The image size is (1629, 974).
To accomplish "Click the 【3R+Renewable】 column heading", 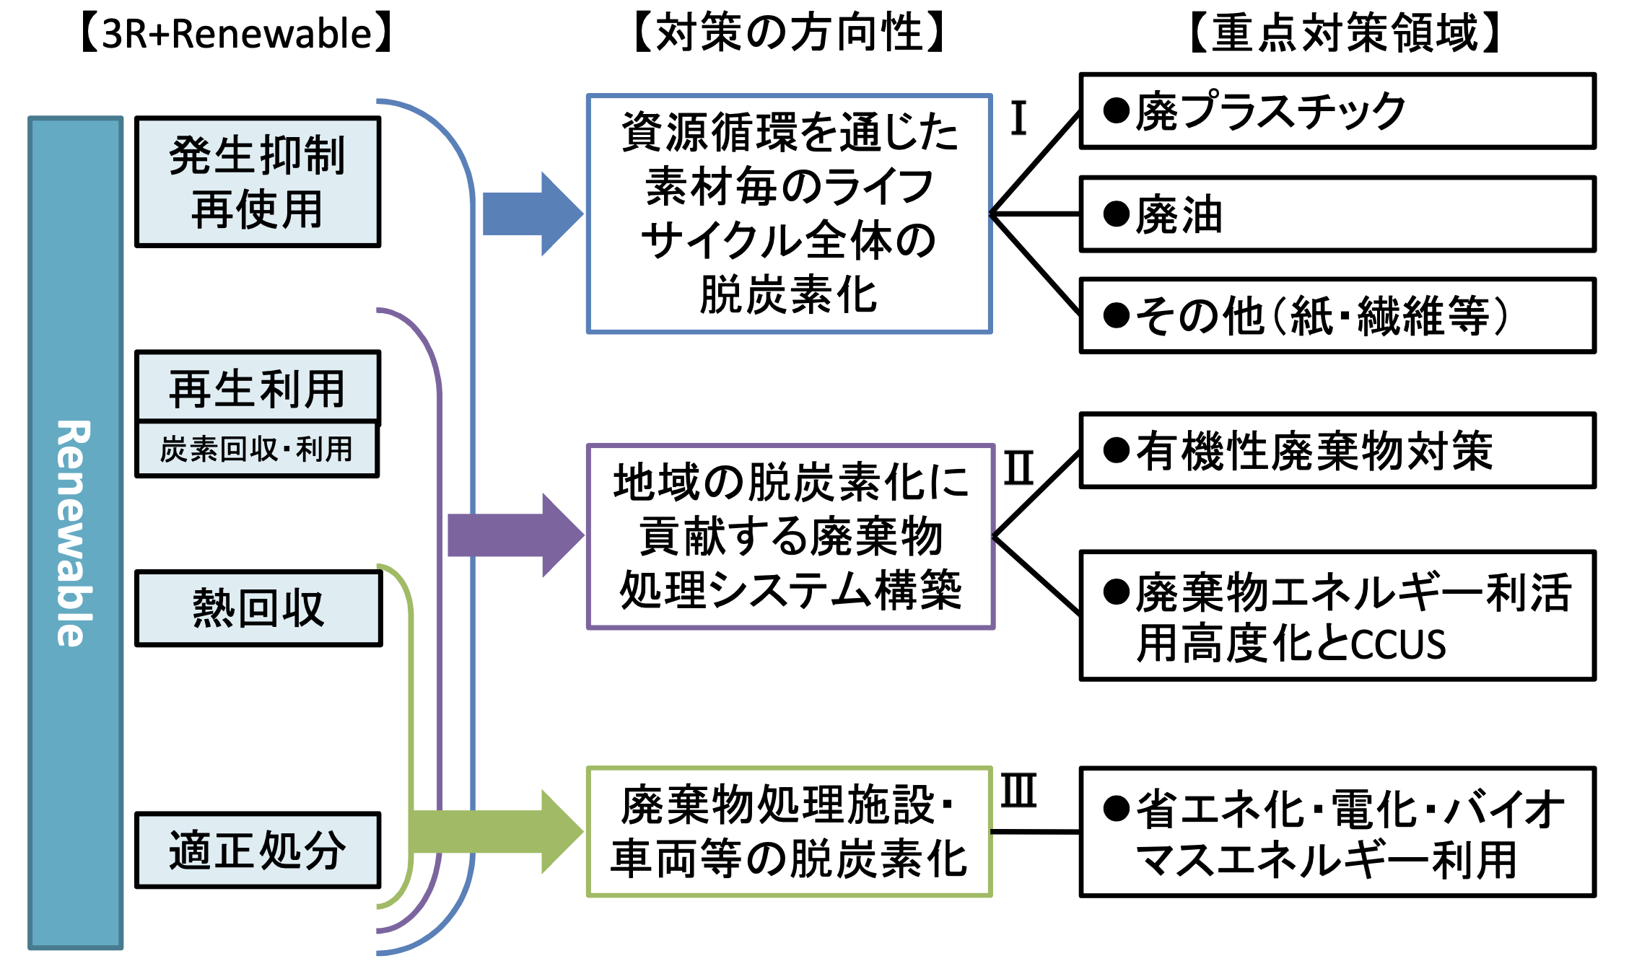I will point(236,34).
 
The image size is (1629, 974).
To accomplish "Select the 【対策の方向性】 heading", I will point(790,34).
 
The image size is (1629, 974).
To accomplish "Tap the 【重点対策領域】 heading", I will point(1345,34).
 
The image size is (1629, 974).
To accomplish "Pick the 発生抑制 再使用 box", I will point(258,183).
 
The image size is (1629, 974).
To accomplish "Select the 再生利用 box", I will point(258,388).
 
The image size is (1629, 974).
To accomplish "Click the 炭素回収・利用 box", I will point(258,449).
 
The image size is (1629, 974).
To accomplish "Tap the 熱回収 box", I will point(258,608).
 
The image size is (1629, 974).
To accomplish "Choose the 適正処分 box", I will point(258,850).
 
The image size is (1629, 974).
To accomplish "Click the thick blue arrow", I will point(530,214).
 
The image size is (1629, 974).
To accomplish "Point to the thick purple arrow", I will point(514,535).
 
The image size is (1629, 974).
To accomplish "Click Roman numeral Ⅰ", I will point(1018,118).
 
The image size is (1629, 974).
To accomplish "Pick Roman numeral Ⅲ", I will point(1018,791).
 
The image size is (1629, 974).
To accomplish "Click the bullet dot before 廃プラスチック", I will point(1116,111).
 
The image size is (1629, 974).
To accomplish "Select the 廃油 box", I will point(1337,214).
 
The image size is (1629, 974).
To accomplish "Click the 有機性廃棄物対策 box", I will point(1337,451).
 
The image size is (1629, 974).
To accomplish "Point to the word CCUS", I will point(1398,645).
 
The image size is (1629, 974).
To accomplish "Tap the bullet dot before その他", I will point(1116,315).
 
